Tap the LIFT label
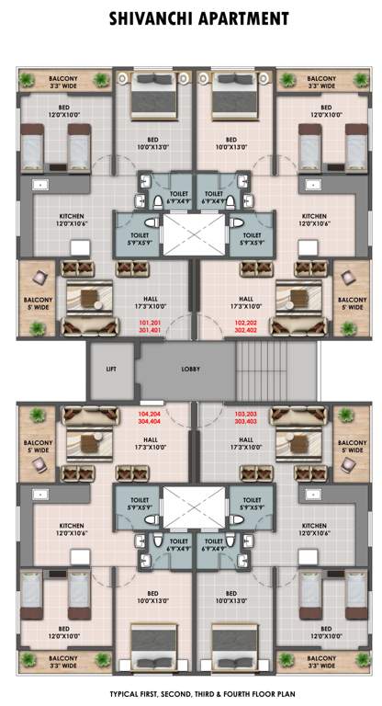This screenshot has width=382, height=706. click(x=111, y=368)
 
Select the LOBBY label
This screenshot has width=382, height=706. click(x=192, y=368)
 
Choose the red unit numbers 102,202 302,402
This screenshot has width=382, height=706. click(x=247, y=327)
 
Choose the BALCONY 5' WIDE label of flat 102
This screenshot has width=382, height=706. click(x=351, y=302)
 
